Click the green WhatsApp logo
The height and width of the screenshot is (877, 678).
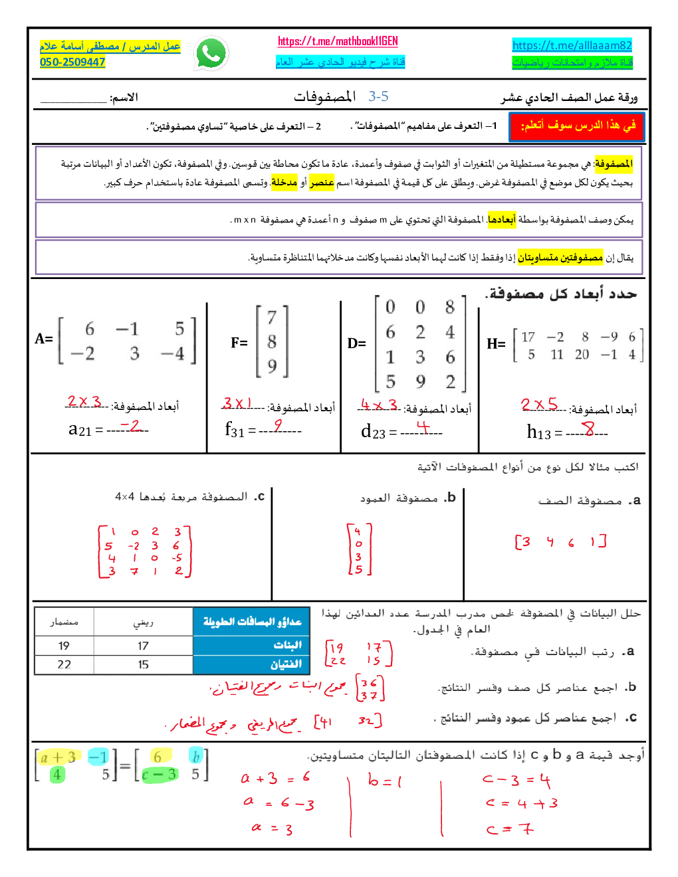(211, 53)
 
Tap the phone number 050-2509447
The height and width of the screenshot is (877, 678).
(72, 62)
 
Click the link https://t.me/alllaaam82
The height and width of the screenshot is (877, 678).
(572, 45)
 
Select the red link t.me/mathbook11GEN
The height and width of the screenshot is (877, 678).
(338, 41)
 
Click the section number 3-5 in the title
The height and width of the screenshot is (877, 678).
(378, 96)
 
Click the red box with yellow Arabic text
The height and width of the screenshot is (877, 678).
(577, 126)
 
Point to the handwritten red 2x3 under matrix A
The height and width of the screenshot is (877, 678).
(84, 402)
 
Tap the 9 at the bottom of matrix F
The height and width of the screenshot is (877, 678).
(272, 366)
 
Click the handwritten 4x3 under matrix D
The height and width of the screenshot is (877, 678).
(379, 405)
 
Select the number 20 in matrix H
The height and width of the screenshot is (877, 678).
(582, 354)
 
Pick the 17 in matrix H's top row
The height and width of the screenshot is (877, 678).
(528, 337)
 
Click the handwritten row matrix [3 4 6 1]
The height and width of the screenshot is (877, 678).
(560, 541)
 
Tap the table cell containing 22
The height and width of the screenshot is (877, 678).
(64, 664)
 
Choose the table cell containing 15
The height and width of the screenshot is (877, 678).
(144, 664)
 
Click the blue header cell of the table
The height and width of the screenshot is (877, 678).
(252, 622)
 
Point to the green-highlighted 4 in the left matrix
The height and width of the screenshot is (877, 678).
(58, 775)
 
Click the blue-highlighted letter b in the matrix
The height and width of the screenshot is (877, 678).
(195, 757)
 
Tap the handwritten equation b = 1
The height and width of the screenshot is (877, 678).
(385, 781)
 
